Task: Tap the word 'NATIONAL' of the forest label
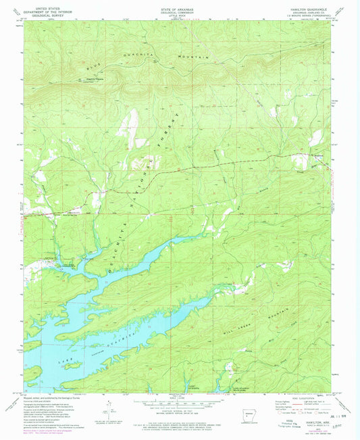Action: [x=138, y=191]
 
